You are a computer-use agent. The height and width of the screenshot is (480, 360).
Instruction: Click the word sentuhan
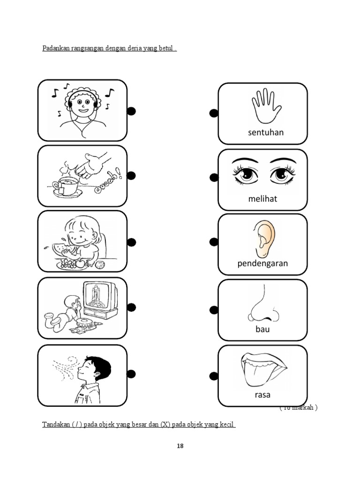(x=266, y=132)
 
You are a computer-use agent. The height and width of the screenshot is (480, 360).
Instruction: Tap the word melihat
(x=262, y=199)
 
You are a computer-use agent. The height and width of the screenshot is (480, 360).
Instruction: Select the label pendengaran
(x=262, y=263)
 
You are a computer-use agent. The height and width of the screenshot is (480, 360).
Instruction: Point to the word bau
(x=262, y=329)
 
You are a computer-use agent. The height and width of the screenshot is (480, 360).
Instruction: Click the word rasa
(x=262, y=395)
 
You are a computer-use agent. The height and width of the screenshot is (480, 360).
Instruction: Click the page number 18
(x=180, y=446)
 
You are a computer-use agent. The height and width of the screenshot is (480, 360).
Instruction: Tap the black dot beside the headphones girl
(x=131, y=111)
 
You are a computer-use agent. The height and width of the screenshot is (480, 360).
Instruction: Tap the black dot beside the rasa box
(x=214, y=375)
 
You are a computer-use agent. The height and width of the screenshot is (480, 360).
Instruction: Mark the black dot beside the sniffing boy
(x=131, y=374)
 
